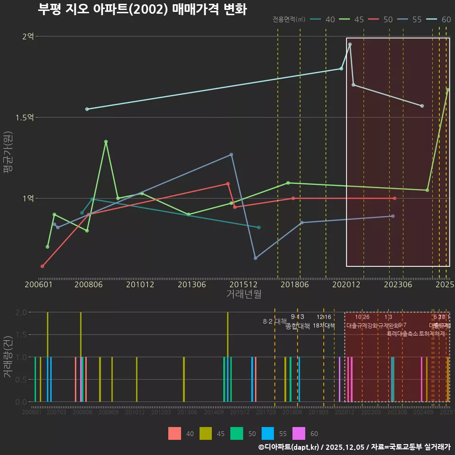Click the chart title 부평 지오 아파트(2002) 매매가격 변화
tap(142, 9)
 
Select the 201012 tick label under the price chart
tap(139, 284)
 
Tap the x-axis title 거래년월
tap(244, 294)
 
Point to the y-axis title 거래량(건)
tap(8, 357)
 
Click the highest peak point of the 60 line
tap(350, 45)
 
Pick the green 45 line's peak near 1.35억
tap(106, 141)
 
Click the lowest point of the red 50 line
tap(42, 266)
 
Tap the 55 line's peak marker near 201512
tap(231, 155)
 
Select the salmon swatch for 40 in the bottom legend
tap(174, 433)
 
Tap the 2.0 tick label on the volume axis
tap(21, 312)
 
